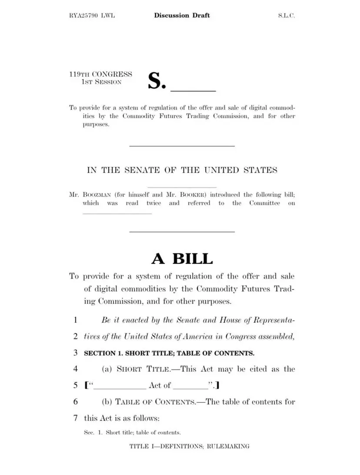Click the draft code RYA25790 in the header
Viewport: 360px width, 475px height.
85,16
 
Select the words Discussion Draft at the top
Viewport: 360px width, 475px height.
182,16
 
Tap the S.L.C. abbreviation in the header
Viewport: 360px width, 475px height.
287,16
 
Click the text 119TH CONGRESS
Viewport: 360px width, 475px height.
100,74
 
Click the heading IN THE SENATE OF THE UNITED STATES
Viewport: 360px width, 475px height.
182,170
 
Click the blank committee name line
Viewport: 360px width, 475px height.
117,213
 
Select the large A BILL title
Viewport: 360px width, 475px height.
182,259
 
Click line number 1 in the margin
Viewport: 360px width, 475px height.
75,320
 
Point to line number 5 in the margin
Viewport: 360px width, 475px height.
75,385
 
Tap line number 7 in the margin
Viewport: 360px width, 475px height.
75,418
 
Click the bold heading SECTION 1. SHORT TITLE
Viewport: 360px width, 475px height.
169,353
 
